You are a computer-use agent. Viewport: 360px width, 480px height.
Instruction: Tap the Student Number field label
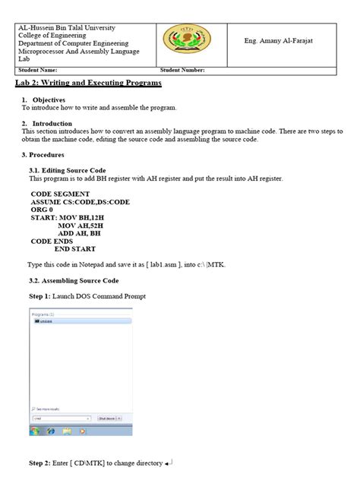tap(182, 70)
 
